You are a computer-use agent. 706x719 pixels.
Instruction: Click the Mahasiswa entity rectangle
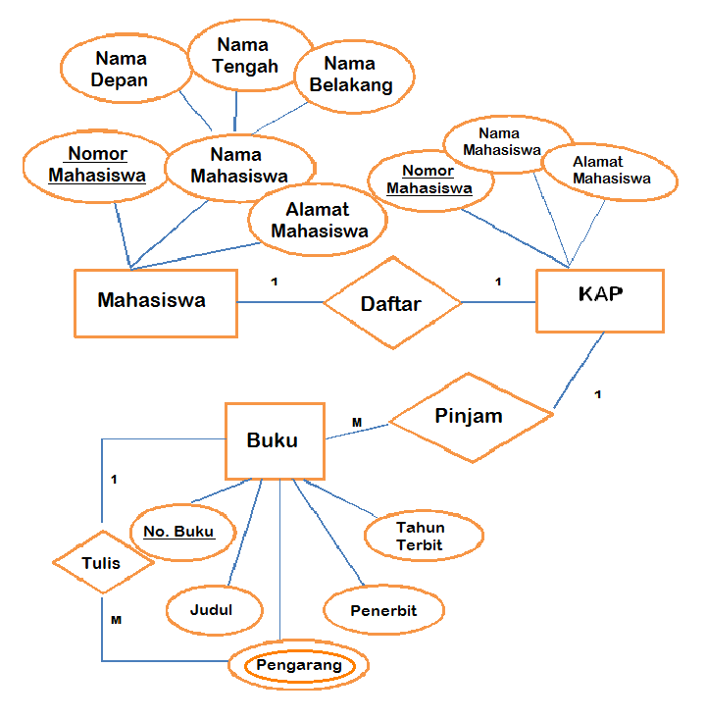click(155, 302)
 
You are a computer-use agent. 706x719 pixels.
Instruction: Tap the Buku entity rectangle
click(275, 441)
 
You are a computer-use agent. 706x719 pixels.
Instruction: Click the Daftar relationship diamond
click(392, 303)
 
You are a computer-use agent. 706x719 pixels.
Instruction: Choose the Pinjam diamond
click(471, 417)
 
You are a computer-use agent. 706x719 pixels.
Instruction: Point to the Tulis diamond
click(103, 564)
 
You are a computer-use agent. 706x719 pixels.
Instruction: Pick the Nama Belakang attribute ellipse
click(351, 75)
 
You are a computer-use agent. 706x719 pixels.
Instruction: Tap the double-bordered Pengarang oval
click(299, 666)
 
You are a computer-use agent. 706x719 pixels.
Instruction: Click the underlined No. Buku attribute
click(184, 533)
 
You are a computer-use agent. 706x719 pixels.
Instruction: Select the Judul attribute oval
click(215, 610)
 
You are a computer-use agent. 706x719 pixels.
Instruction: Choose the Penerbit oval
click(383, 610)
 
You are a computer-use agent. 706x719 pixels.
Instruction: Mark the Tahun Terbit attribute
click(422, 536)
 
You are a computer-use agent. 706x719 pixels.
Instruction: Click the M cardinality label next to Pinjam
click(357, 423)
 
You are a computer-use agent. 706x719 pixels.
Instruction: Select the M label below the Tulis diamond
click(116, 621)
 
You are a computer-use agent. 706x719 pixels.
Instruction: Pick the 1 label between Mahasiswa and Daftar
click(275, 282)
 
